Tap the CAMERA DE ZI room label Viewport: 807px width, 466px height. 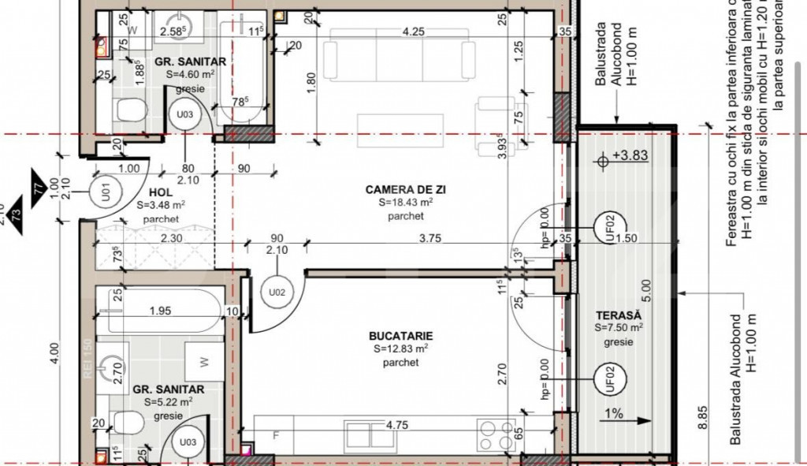pyautogui.click(x=401, y=189)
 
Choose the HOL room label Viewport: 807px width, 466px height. pyautogui.click(x=160, y=192)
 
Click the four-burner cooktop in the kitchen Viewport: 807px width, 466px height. pyautogui.click(x=496, y=433)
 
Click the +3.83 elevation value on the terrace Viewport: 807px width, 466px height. pyautogui.click(x=632, y=156)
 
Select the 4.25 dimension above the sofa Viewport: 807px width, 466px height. pyautogui.click(x=415, y=32)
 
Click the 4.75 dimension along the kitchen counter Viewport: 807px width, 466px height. pyautogui.click(x=398, y=424)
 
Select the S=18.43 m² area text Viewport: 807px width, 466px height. pyautogui.click(x=402, y=203)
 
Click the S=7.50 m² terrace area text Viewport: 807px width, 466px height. pyautogui.click(x=619, y=327)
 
